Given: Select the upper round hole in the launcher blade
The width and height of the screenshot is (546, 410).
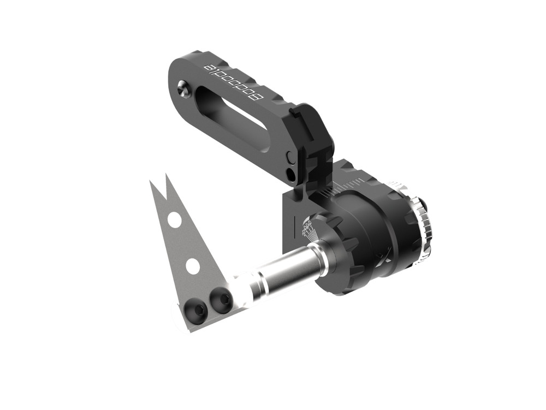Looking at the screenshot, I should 174,220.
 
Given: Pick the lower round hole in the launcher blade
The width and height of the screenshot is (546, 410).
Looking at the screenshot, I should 192,266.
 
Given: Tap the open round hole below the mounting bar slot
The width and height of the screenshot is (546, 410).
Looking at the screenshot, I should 290,175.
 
